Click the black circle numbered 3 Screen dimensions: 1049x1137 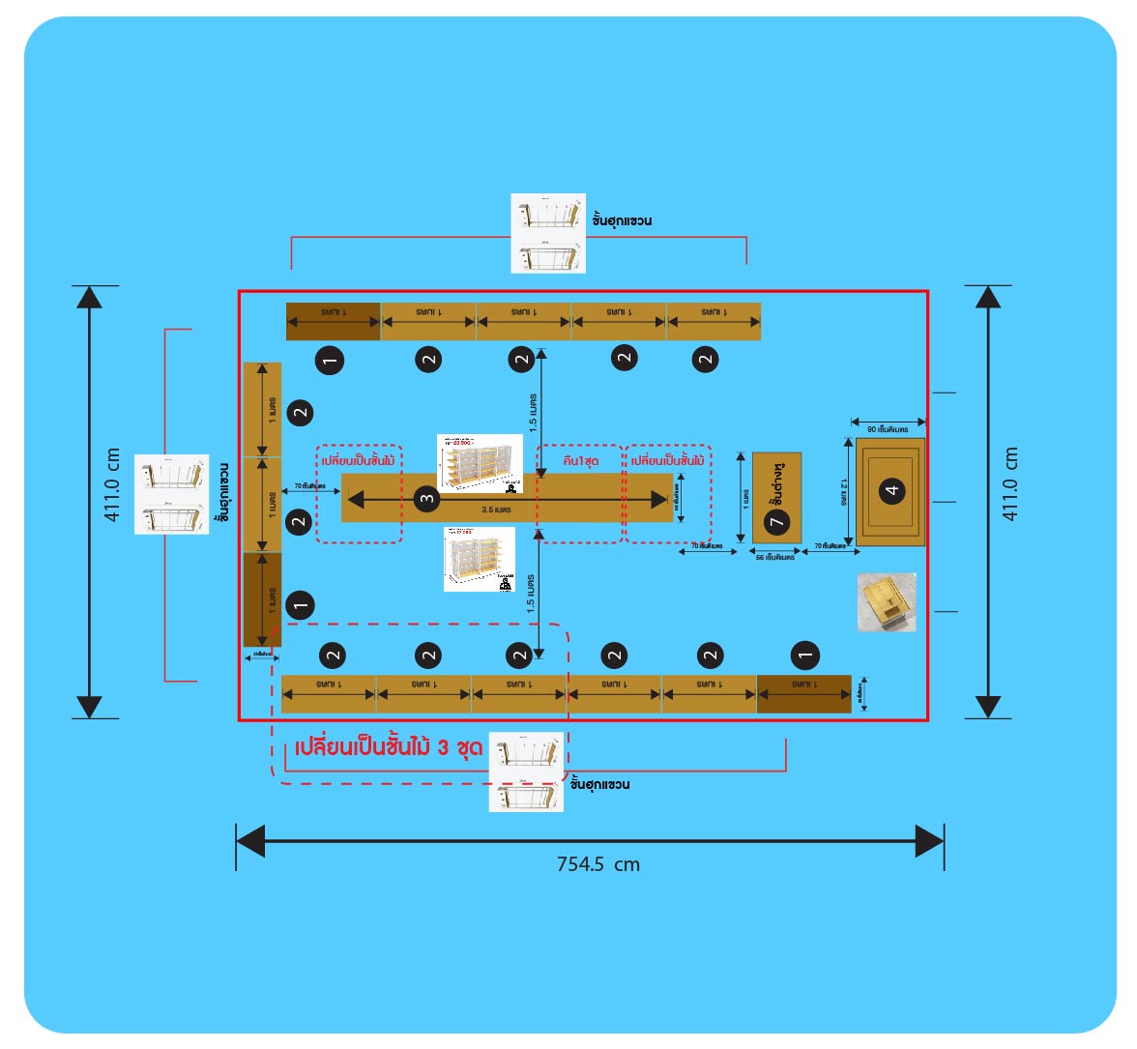[426, 499]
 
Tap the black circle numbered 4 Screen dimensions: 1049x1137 [891, 490]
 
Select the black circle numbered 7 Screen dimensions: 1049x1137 [776, 522]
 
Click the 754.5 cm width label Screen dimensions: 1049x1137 [598, 864]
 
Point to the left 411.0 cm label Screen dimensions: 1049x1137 [112, 485]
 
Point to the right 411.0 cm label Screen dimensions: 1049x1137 [1010, 485]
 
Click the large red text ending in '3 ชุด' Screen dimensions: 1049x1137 [389, 749]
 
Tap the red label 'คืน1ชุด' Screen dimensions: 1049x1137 [579, 461]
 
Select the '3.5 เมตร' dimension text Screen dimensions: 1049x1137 [496, 510]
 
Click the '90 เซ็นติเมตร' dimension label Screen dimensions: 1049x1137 [887, 428]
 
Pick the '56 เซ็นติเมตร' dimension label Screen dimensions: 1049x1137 [774, 558]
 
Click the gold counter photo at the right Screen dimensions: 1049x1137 [886, 602]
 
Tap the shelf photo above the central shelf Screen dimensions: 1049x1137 [480, 463]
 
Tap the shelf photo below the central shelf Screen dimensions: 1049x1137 [480, 559]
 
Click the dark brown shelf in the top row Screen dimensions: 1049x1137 [333, 321]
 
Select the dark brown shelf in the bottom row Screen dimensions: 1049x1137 [803, 693]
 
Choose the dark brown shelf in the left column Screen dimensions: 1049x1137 [262, 599]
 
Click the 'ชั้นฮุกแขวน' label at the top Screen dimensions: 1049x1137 [622, 220]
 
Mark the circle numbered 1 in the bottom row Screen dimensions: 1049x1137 [804, 656]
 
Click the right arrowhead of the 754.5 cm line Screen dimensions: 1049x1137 [929, 840]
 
